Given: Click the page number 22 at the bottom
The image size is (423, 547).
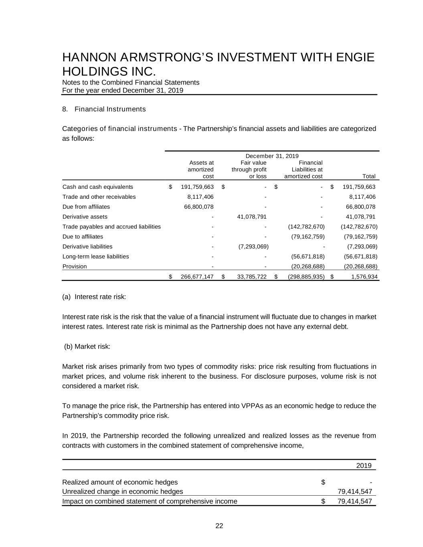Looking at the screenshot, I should (x=219, y=526).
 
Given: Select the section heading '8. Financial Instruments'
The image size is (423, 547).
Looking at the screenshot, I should (x=104, y=109).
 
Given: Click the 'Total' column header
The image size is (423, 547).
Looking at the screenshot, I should (x=368, y=176).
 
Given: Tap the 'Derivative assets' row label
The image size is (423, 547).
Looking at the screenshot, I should (x=85, y=217).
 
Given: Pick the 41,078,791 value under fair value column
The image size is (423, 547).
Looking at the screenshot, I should (x=249, y=217).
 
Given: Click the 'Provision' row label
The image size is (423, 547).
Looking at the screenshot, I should (x=75, y=266).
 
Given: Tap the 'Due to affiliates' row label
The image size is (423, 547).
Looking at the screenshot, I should (x=83, y=237).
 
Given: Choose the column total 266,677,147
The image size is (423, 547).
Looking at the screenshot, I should (x=197, y=277).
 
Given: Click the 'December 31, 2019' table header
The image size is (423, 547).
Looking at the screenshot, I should (x=272, y=156).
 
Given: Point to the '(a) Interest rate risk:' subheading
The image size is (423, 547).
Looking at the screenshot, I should (x=94, y=297).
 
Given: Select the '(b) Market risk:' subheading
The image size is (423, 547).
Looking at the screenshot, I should (x=87, y=347).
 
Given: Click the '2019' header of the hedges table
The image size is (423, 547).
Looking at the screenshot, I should (x=364, y=466).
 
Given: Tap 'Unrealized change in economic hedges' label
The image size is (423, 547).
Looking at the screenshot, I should (x=123, y=492).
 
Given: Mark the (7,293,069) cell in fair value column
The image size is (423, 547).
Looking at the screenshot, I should (x=251, y=247).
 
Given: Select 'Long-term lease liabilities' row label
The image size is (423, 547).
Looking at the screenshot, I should (x=96, y=256).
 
